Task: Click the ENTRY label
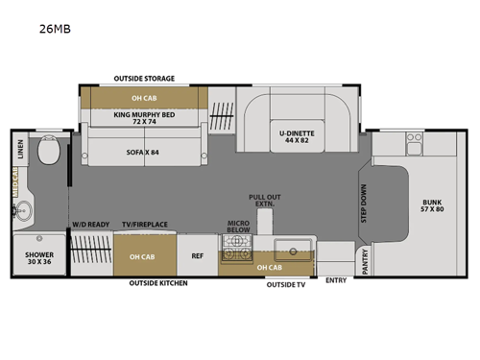(336, 280)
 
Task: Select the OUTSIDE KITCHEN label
(159, 283)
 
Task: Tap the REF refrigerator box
(198, 255)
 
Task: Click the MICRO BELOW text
(238, 227)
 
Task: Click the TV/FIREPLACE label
(145, 224)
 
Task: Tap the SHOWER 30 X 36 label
(39, 256)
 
